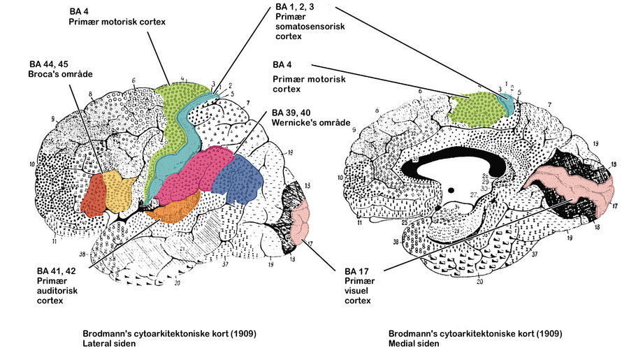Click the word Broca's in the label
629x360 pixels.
44,73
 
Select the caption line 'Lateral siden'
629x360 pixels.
106,344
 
